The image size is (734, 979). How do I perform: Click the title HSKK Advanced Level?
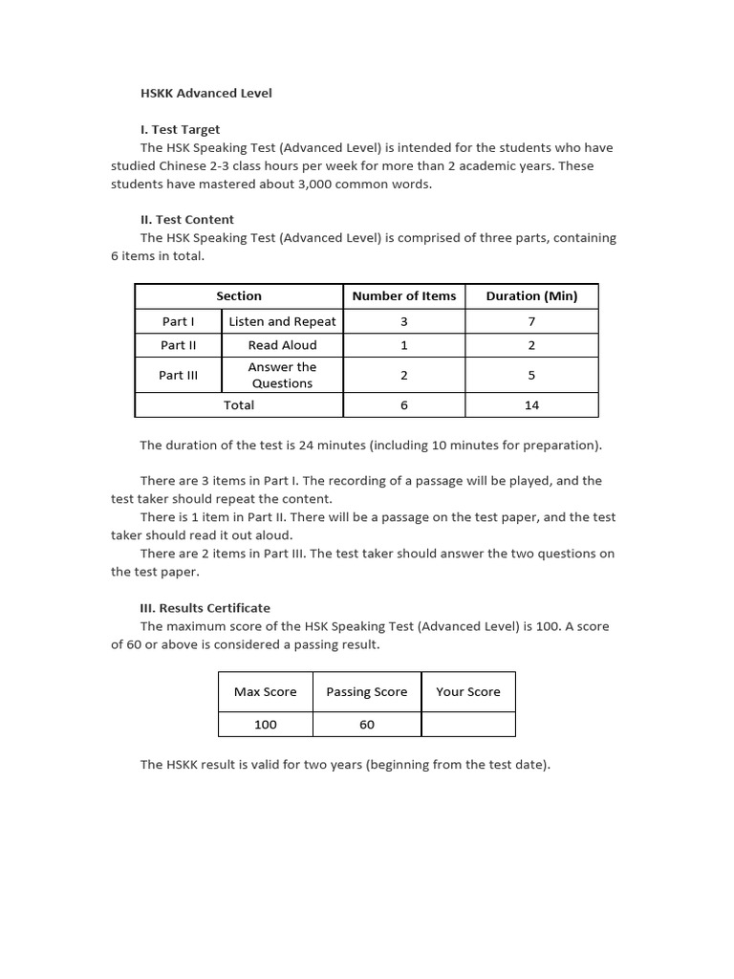pyautogui.click(x=205, y=93)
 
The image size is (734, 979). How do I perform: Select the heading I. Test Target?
pyautogui.click(x=180, y=129)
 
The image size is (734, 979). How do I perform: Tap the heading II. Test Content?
pyautogui.click(x=186, y=219)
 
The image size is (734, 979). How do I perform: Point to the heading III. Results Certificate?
pyautogui.click(x=205, y=607)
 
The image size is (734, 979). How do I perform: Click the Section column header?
pyautogui.click(x=238, y=296)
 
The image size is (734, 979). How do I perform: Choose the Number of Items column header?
pyautogui.click(x=403, y=296)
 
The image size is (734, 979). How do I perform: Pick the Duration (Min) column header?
pyautogui.click(x=531, y=296)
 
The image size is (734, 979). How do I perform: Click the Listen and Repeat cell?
pyautogui.click(x=282, y=321)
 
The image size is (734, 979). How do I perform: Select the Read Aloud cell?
pyautogui.click(x=282, y=345)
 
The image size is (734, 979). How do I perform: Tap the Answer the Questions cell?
pyautogui.click(x=282, y=375)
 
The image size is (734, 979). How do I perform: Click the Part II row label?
pyautogui.click(x=179, y=345)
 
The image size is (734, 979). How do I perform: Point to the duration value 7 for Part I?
pyautogui.click(x=531, y=321)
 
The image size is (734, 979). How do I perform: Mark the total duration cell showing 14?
pyautogui.click(x=531, y=405)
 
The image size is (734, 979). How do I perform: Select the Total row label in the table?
pyautogui.click(x=238, y=405)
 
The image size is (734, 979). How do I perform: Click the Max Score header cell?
pyautogui.click(x=265, y=692)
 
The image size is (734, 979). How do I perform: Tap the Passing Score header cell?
pyautogui.click(x=366, y=692)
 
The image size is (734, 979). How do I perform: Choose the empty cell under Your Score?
pyautogui.click(x=467, y=725)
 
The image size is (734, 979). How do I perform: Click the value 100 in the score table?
pyautogui.click(x=265, y=725)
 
